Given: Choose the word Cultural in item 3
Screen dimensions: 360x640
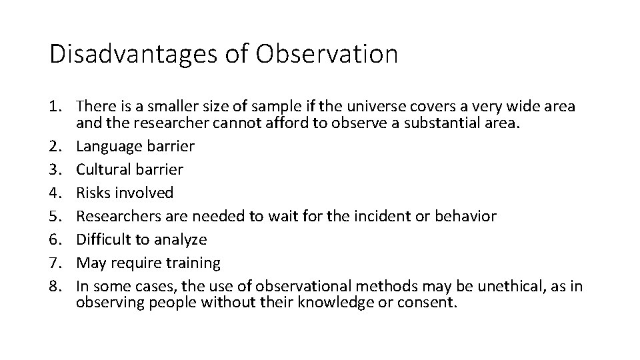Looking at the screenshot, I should (103, 169).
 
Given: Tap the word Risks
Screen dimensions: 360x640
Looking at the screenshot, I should (93, 193).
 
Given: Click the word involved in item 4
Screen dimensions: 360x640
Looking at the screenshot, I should (144, 193).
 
